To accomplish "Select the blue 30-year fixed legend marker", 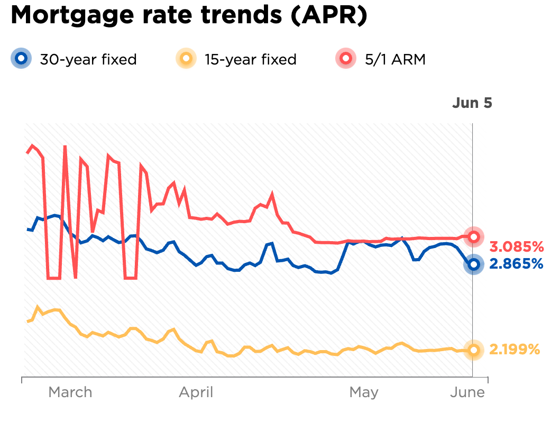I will point(21,59).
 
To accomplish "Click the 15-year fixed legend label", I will point(250,59).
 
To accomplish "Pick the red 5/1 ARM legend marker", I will point(347,59).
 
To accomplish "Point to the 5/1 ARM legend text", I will point(395,59).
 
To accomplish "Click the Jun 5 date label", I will point(472,103).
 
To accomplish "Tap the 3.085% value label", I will point(516,246).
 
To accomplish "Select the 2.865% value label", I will point(516,264).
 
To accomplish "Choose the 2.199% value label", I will point(515,350).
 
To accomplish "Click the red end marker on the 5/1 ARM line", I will point(474,236).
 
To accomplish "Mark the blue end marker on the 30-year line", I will point(474,264).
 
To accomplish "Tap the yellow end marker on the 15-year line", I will point(474,350).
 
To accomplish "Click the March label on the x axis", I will point(70,392).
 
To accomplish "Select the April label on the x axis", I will point(196,392).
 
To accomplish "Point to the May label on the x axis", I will point(364,392).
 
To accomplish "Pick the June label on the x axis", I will point(467,392).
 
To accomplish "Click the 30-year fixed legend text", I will point(88,59).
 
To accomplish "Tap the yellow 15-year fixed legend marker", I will point(186,59).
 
